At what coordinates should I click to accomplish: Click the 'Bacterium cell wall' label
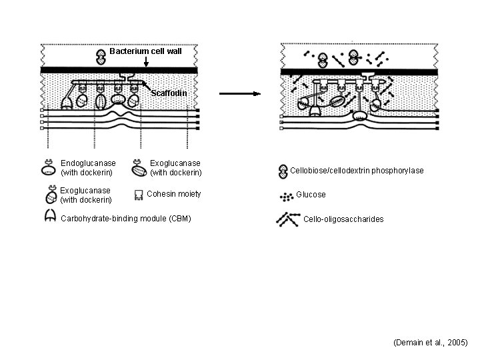tap(145, 51)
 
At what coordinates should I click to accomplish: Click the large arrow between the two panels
tap(239, 93)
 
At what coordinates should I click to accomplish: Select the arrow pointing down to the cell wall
tap(145, 62)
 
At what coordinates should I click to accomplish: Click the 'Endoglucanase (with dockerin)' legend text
tap(88, 168)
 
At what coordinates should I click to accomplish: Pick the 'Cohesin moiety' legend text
tap(173, 194)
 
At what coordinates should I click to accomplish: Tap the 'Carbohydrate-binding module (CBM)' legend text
tap(125, 218)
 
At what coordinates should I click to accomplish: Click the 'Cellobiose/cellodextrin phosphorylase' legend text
tap(357, 171)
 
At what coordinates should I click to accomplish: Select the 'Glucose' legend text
tap(311, 195)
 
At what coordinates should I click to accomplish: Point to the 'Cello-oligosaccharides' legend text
tap(343, 219)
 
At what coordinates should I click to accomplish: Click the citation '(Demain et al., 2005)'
tap(431, 342)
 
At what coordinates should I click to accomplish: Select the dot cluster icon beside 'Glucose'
tap(287, 196)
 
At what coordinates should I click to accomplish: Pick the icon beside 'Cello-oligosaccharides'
tap(287, 218)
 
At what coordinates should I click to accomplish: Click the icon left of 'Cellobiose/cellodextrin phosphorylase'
tap(283, 171)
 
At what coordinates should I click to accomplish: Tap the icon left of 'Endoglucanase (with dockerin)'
tap(49, 167)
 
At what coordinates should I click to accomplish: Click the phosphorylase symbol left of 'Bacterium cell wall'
tap(101, 55)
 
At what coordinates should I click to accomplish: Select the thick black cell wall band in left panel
tap(119, 70)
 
